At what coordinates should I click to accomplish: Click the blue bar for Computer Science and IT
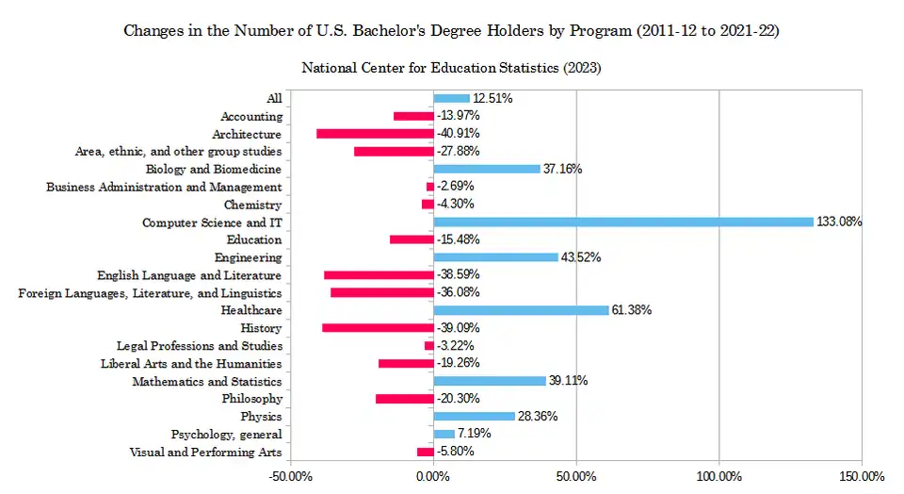coord(622,222)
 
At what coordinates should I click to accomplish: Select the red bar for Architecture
coord(375,134)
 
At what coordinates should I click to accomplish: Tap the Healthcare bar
coord(521,310)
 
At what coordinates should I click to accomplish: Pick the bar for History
coord(378,328)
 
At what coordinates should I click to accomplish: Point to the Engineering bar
coord(495,257)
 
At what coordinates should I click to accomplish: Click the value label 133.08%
coord(839,222)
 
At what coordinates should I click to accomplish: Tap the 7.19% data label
coord(474,434)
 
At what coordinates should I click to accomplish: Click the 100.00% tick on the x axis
coord(718,476)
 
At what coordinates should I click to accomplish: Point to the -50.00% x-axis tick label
coord(290,476)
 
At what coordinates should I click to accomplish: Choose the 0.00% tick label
coord(433,476)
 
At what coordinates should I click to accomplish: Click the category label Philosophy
coord(251,399)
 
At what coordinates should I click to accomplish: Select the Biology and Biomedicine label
coord(214,170)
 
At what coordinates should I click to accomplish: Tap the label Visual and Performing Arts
coord(204,452)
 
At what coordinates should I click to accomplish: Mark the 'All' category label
coord(274,99)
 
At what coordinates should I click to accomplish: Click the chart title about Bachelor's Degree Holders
coord(452,31)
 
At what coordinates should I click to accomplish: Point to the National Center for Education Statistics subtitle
coord(452,69)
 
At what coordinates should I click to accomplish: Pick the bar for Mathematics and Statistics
coord(490,381)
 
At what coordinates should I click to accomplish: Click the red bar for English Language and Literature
coord(379,275)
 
